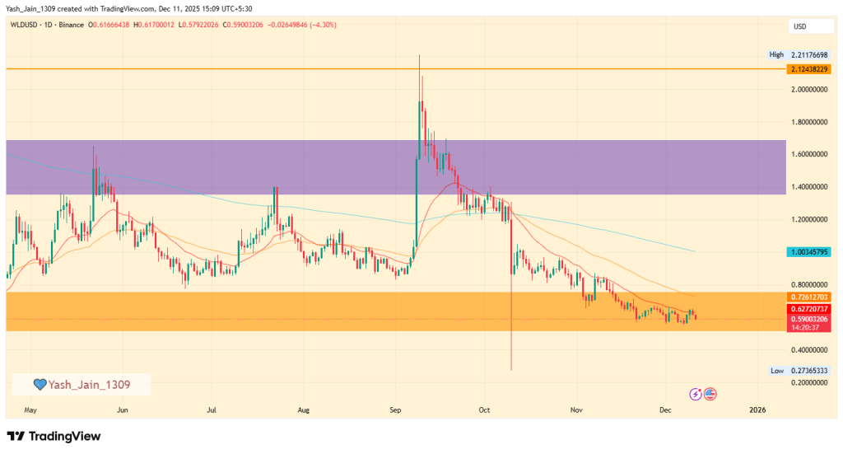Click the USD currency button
[x=799, y=26]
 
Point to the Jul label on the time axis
[x=212, y=409]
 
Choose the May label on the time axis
[x=30, y=409]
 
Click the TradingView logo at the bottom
[x=54, y=436]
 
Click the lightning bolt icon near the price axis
[x=696, y=394]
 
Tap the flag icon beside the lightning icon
[x=710, y=394]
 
